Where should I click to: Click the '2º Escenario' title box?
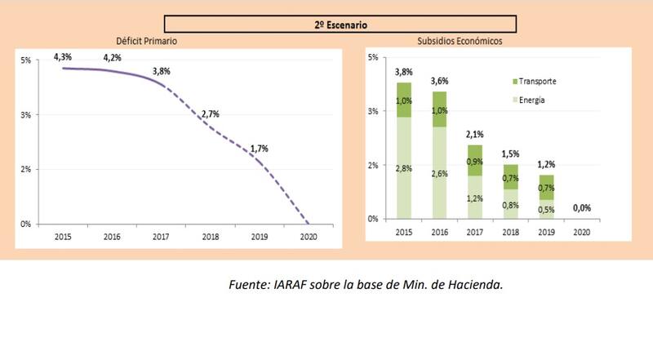coord(340,24)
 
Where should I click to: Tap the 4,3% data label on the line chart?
coord(63,56)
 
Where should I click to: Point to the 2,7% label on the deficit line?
coord(210,113)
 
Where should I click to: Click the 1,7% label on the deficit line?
coord(260,149)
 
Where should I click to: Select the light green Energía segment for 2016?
coord(439,173)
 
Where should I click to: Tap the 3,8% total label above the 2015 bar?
coord(403,73)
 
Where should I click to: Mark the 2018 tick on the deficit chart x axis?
coord(210,236)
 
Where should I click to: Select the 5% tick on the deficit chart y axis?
coord(25,60)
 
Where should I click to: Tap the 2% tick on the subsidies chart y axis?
coord(373,165)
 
